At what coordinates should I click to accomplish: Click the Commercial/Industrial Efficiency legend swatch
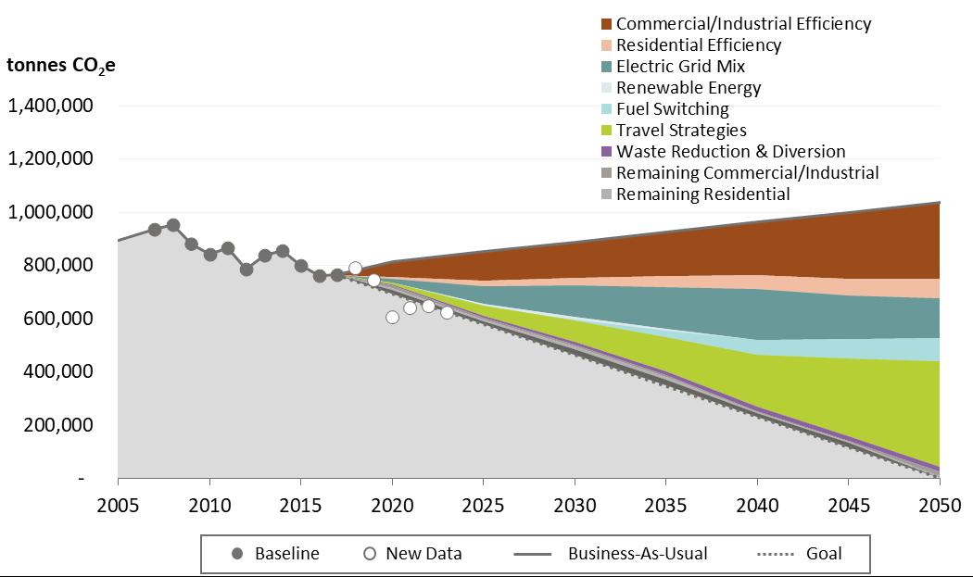click(606, 24)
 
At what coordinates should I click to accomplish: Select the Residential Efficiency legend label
click(699, 45)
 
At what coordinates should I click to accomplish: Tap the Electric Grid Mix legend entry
click(680, 67)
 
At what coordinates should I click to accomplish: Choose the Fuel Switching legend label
click(672, 109)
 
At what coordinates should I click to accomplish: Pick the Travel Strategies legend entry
click(681, 131)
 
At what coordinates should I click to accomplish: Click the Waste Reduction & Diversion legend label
click(730, 152)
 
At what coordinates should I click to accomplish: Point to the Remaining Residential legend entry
click(702, 194)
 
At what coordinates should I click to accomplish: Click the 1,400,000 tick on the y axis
click(50, 106)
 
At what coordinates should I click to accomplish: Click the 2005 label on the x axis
click(118, 507)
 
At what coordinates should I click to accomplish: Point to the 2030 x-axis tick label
click(575, 507)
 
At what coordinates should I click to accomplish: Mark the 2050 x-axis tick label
click(940, 507)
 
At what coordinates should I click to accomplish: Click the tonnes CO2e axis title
click(61, 66)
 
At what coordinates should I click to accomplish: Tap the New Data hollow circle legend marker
click(370, 554)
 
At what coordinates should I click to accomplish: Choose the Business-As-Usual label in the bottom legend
click(638, 554)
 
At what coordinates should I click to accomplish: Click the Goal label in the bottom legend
click(824, 554)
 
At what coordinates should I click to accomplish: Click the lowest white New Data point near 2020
click(392, 317)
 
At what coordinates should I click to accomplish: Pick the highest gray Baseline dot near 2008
click(172, 225)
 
